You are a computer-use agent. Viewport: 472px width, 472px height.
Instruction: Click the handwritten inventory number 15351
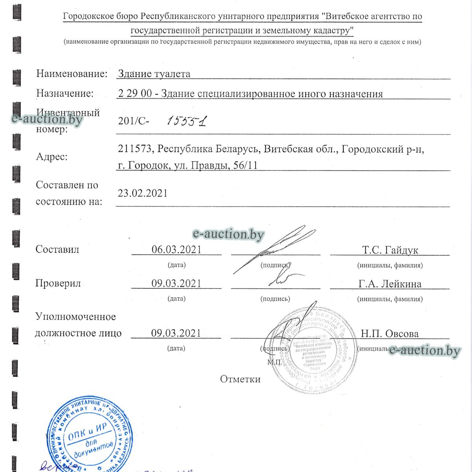pos(186,121)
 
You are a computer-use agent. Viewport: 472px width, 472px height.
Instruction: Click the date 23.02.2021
pos(143,193)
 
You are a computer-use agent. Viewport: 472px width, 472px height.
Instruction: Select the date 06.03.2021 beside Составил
pos(176,249)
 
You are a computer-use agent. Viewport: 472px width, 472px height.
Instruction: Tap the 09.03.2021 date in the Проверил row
pos(176,283)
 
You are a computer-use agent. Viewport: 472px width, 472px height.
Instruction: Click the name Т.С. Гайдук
pos(390,250)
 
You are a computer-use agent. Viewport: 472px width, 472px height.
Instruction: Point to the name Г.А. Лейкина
pos(390,284)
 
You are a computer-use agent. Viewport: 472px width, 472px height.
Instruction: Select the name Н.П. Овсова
pos(390,334)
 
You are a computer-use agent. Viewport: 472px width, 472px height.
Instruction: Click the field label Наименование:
pos(72,74)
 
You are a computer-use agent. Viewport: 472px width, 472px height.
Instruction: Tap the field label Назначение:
pos(65,93)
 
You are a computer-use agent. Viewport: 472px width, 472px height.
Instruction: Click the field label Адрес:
pos(52,157)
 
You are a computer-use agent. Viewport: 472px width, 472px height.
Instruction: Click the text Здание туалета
pos(154,74)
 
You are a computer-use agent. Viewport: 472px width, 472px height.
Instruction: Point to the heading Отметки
pos(240,379)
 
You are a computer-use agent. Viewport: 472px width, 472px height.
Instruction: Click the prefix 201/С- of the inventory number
pos(133,121)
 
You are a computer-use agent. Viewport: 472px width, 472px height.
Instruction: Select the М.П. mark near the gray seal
pos(274,361)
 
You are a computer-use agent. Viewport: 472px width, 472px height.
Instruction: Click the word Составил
pos(57,249)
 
